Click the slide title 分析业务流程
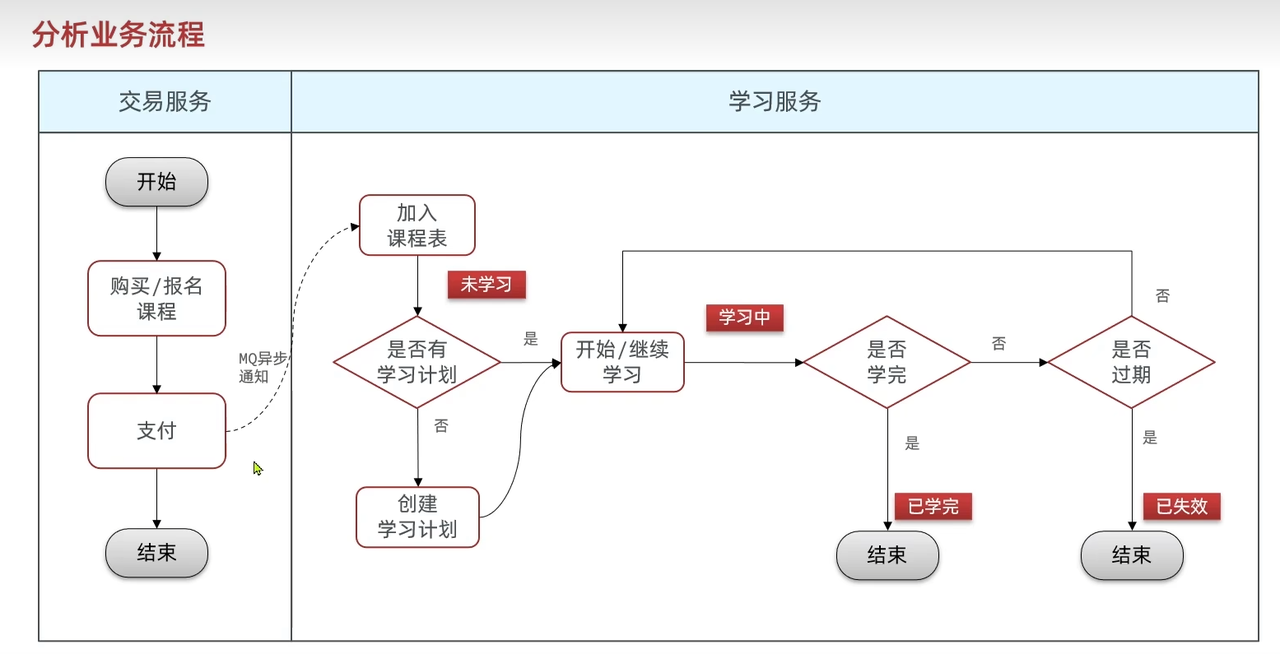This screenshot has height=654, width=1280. coord(118,35)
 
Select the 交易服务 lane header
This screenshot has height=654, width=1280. coord(165,101)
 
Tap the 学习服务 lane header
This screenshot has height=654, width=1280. coord(775,101)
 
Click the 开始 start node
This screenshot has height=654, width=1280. coord(156,182)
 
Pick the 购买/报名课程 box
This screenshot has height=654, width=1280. coord(156,298)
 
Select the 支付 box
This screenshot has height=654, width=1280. coord(156,431)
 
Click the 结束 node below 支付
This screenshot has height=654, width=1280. coord(156,553)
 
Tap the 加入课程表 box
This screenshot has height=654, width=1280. coord(417,225)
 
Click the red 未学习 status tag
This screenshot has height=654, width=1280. coord(486,284)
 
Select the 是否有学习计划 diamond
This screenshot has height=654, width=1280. coord(417,361)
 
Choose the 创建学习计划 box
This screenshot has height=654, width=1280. coord(417,516)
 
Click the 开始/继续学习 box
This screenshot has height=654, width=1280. coord(622,361)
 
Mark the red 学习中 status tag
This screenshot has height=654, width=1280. coord(744,317)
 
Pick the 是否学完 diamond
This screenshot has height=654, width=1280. coord(887,361)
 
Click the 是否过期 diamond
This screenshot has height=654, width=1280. coord(1131,361)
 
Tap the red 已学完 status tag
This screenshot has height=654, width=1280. coord(933,506)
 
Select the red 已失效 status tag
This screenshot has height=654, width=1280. coord(1182,506)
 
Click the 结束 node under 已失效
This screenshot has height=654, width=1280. coord(1131,555)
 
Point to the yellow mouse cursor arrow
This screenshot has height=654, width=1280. coord(257,467)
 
